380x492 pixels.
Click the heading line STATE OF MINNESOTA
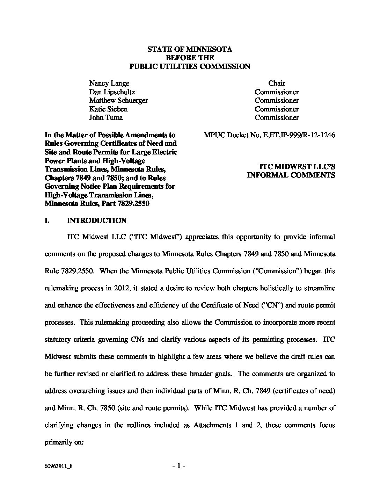tap(190, 49)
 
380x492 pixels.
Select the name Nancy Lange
tap(109, 83)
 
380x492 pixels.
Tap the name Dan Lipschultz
tap(112, 92)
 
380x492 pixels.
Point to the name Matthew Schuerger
tap(118, 100)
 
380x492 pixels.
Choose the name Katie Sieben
tap(108, 109)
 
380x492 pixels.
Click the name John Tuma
tap(106, 117)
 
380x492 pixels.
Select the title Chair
tap(277, 83)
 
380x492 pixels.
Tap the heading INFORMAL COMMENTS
tap(291, 175)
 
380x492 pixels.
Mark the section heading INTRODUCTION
tap(96, 220)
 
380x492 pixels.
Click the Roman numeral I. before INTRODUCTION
tap(47, 220)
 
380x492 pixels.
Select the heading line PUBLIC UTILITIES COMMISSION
tap(190, 66)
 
